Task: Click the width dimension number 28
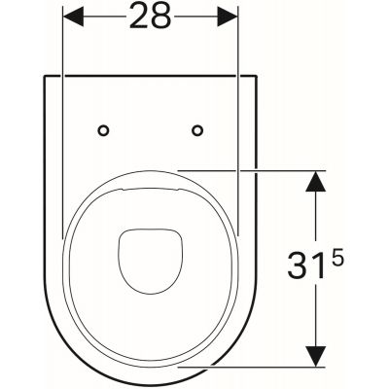click(x=150, y=17)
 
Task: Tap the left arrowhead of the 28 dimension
click(x=73, y=17)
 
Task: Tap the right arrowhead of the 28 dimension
click(x=228, y=17)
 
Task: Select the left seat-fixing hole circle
click(x=103, y=130)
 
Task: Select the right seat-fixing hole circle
click(x=197, y=130)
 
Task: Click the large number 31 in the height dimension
click(x=306, y=265)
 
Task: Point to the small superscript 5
click(x=337, y=261)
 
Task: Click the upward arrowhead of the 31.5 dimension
click(x=316, y=181)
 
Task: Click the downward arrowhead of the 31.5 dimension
click(x=316, y=357)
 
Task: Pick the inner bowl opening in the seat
click(x=150, y=262)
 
